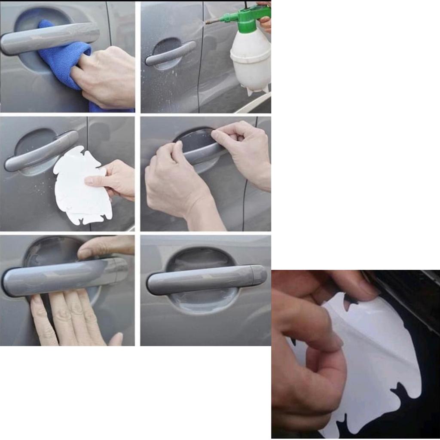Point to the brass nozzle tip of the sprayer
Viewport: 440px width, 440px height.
point(210,21)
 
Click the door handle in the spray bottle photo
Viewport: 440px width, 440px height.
point(170,54)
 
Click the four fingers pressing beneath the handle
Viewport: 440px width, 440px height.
point(69,318)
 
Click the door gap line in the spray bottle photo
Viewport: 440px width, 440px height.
point(200,64)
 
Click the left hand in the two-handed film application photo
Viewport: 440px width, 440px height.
point(176,180)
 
